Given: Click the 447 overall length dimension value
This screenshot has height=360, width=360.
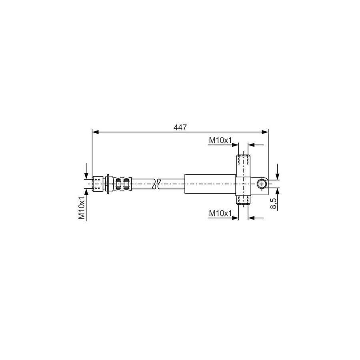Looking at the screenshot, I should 180,127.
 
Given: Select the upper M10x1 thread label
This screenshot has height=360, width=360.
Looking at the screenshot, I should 220,140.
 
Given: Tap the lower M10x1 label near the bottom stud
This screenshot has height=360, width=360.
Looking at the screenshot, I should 220,214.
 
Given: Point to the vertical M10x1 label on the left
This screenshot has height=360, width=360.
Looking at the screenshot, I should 82,208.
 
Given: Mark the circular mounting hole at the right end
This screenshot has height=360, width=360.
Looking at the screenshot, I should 262,184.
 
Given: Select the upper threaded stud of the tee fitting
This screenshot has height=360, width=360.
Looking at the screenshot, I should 243,161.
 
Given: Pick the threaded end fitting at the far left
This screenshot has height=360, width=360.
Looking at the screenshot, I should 98,184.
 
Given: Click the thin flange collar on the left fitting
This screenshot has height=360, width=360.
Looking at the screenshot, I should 108,184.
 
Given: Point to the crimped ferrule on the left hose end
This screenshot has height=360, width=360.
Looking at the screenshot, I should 122,184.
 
